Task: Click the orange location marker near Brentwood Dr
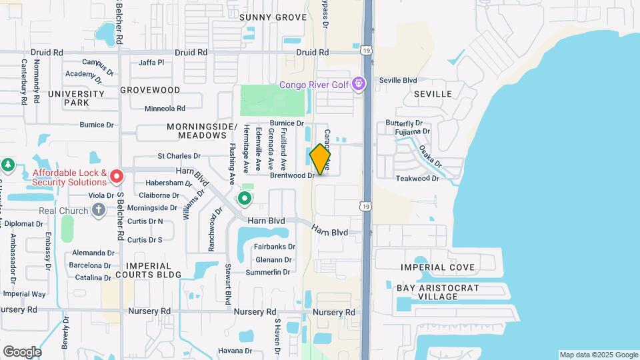[x=321, y=159]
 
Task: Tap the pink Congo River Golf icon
[x=359, y=84]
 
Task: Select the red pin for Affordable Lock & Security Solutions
[x=117, y=177]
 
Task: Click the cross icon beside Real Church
[x=99, y=211]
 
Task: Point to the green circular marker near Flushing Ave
[x=245, y=198]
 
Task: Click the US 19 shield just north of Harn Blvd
[x=366, y=207]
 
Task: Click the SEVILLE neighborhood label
[x=433, y=94]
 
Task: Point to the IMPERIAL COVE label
[x=438, y=267]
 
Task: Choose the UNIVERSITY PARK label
[x=76, y=98]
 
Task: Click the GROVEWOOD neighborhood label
[x=150, y=89]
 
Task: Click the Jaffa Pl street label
[x=151, y=63]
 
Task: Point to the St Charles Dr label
[x=179, y=156]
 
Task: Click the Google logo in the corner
[x=22, y=351]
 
